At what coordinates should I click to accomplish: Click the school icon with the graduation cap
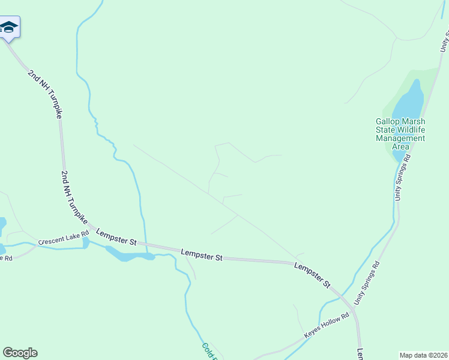click(x=9, y=27)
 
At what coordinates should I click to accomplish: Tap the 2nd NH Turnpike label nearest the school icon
click(x=45, y=93)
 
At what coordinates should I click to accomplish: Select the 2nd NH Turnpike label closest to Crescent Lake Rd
click(x=75, y=197)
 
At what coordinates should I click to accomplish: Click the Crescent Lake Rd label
click(x=63, y=237)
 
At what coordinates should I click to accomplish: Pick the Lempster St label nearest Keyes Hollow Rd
click(x=313, y=274)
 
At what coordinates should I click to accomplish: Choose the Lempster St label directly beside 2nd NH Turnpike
click(x=116, y=237)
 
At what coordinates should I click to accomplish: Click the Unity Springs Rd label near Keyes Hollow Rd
click(x=367, y=282)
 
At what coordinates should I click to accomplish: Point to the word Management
click(x=400, y=139)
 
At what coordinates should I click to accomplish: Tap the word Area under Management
click(x=400, y=147)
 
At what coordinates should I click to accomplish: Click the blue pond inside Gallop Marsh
click(x=409, y=102)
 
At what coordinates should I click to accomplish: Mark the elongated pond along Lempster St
click(x=128, y=256)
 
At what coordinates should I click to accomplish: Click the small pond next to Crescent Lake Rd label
click(x=86, y=242)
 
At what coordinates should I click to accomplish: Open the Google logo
click(x=20, y=353)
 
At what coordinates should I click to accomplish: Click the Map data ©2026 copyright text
click(x=423, y=355)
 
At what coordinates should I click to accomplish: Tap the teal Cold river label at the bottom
click(x=209, y=352)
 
